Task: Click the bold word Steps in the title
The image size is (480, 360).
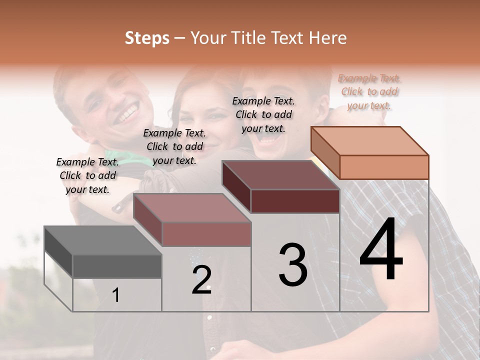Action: coord(147,38)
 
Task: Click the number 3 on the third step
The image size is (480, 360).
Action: coord(293,265)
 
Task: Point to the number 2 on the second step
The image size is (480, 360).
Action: coord(201,279)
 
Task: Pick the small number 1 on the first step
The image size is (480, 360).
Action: coord(116,295)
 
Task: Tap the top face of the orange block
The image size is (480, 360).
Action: coord(370,141)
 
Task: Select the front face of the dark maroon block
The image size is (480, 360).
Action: coord(295,201)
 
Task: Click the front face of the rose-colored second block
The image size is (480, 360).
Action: coord(206,234)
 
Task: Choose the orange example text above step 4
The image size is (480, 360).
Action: coord(369,92)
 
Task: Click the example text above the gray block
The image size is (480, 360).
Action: coord(87,175)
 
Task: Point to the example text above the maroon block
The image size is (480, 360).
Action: coord(263,114)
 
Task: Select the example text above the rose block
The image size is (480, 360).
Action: coord(174,146)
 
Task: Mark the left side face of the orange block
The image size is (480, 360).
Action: coord(325,153)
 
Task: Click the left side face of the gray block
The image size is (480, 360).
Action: coord(58,252)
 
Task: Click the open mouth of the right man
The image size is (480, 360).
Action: coord(270,141)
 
